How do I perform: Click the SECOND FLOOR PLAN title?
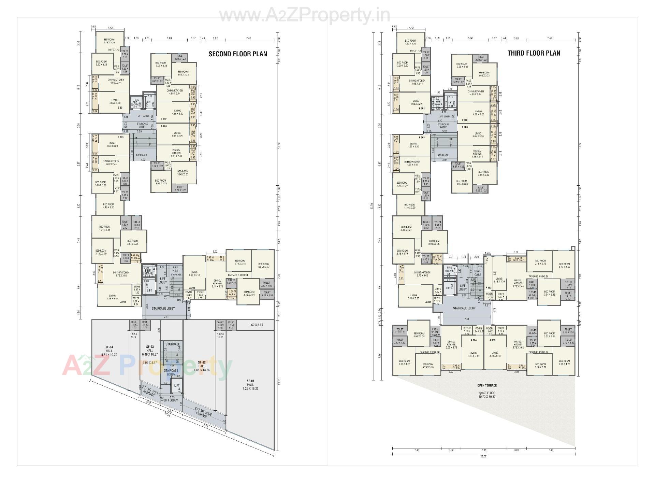point(238,54)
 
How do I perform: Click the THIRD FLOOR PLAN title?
point(534,53)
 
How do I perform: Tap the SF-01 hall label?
point(250,384)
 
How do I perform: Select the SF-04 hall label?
point(109,351)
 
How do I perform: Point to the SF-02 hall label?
point(202,366)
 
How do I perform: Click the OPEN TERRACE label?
point(487,385)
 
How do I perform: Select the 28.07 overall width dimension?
point(483,456)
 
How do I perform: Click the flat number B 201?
point(120,108)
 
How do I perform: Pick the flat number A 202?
point(192,288)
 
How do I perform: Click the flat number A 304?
point(474,340)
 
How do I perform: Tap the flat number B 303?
point(465,127)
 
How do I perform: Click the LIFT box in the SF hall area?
point(177,386)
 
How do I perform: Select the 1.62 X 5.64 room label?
point(256,325)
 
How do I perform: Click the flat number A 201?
point(123,302)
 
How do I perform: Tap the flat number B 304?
point(422,138)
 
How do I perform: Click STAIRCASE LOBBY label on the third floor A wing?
point(464,308)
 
